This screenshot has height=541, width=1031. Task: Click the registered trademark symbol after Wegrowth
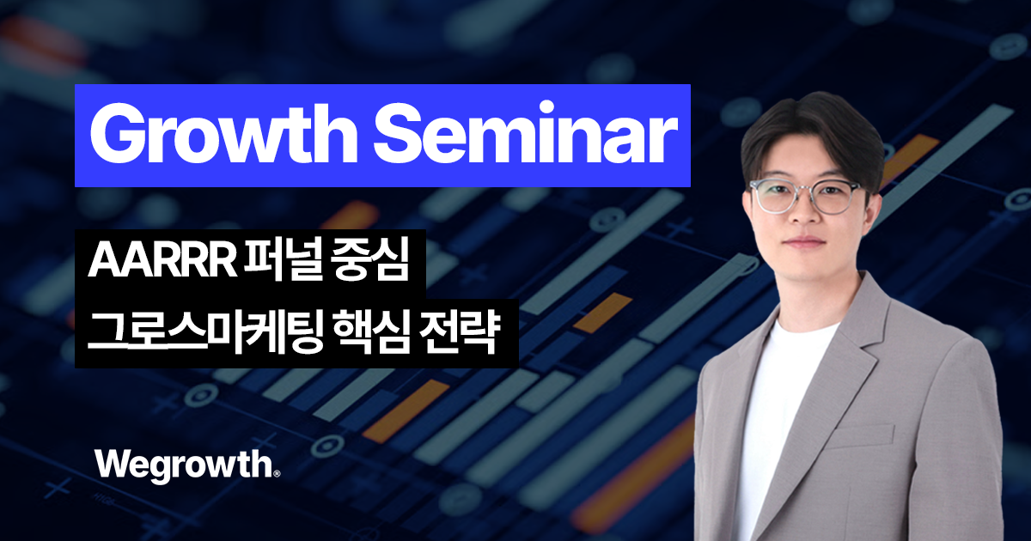(277, 472)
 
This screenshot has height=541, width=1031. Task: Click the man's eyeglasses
(805, 197)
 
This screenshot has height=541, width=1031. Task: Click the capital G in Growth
(116, 136)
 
